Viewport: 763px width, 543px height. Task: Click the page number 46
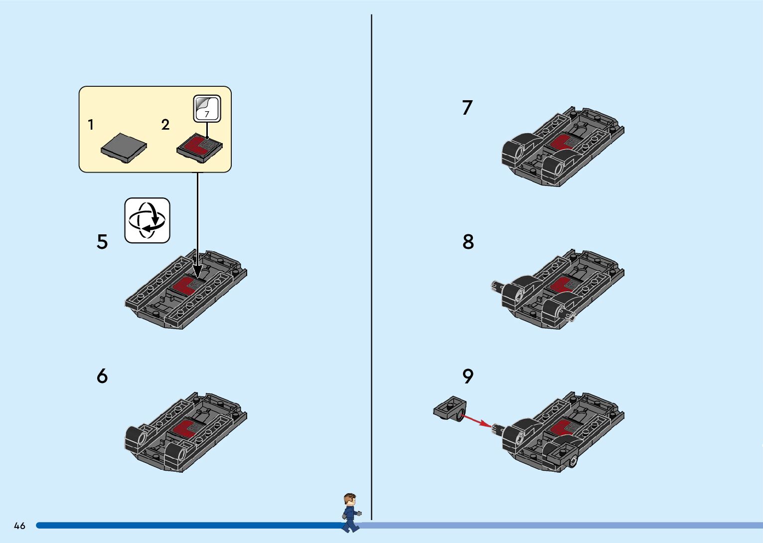(19, 526)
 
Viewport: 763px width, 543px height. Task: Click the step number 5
(102, 242)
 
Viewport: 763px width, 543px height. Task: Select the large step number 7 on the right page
(467, 107)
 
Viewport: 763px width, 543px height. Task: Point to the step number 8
(468, 242)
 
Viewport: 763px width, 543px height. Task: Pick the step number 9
(468, 376)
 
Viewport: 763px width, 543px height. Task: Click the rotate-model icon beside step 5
(147, 220)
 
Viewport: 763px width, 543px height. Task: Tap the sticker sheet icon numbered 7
(207, 108)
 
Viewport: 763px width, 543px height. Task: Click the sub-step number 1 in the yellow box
(91, 125)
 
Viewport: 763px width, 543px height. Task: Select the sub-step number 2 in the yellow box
(165, 125)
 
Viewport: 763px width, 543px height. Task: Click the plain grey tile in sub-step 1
(124, 148)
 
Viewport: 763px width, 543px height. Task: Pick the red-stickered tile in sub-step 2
(200, 148)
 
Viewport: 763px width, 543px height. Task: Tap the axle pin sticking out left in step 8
(497, 286)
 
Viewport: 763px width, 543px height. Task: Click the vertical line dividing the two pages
(371, 267)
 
